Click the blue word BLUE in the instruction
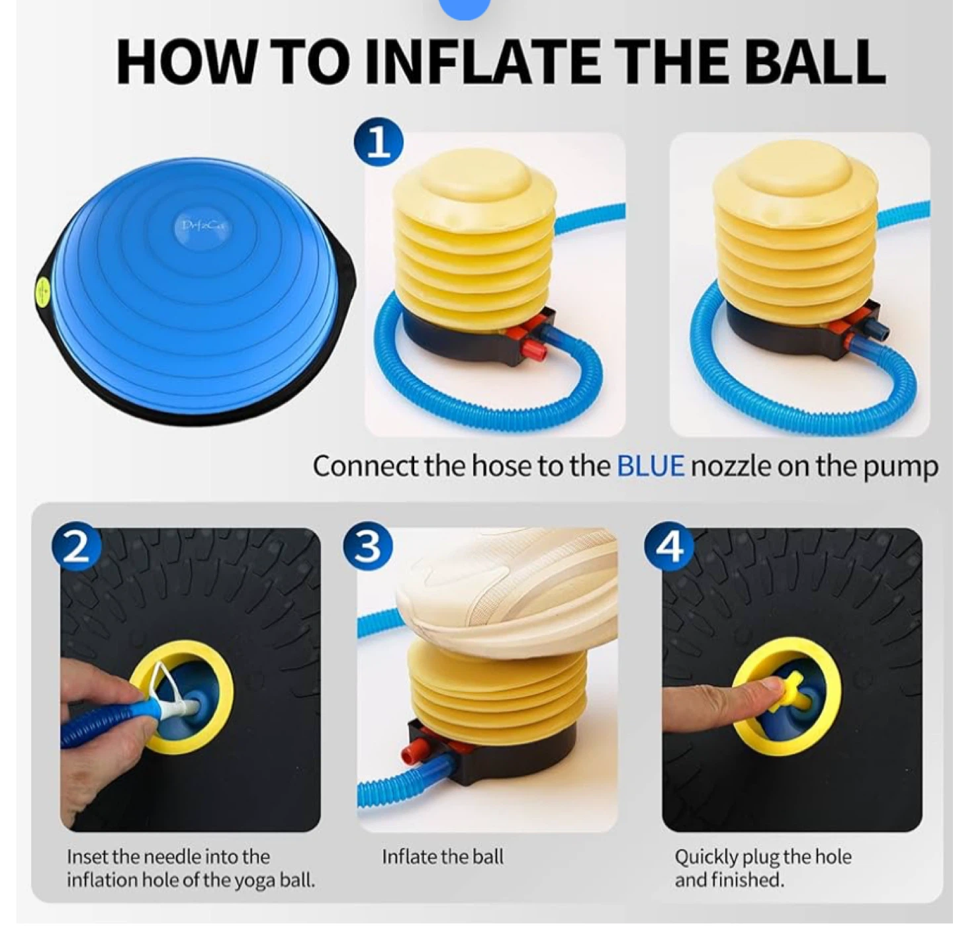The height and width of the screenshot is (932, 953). (x=650, y=467)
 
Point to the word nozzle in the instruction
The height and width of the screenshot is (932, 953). (x=730, y=467)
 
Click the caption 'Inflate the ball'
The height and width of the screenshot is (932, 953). (x=442, y=857)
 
